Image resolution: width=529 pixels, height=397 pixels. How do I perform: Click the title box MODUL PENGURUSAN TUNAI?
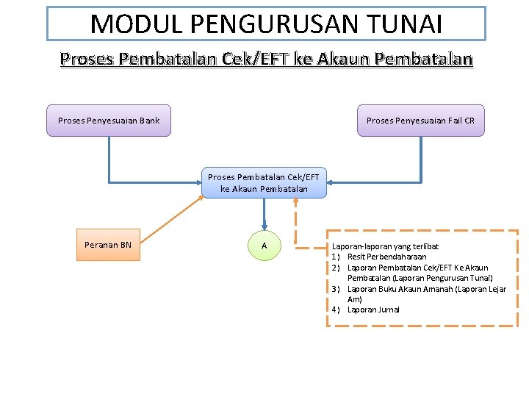[x=266, y=24]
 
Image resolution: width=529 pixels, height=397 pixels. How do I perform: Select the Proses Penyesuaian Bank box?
[x=109, y=121]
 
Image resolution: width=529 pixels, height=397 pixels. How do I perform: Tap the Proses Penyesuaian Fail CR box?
[x=421, y=121]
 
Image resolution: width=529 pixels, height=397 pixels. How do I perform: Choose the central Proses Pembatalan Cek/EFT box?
[x=264, y=183]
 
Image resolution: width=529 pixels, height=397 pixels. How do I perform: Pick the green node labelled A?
[x=264, y=245]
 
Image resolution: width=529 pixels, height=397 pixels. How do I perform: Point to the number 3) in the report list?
[x=336, y=289]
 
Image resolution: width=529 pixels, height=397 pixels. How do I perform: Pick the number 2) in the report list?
[x=336, y=268]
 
